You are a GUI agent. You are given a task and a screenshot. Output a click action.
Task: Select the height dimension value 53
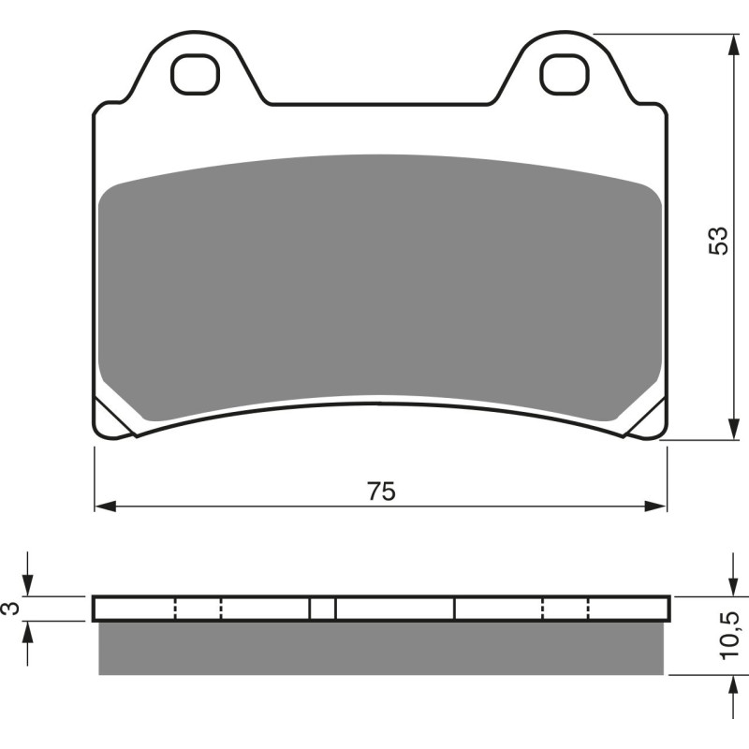point(717,242)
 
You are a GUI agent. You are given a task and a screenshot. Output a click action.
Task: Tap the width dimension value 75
point(381,490)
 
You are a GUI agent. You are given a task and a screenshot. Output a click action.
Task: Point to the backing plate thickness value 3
point(10,609)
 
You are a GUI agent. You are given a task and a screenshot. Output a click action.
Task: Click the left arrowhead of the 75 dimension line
point(104,507)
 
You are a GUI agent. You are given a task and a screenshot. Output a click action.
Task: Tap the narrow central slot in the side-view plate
point(322,609)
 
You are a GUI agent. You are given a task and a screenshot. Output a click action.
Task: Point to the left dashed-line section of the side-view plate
point(198,609)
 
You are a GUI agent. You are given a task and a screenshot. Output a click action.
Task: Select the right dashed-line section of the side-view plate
point(565,609)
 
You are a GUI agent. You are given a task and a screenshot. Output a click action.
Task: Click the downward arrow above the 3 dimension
point(29,585)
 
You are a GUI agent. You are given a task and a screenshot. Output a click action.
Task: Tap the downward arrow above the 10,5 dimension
point(730,585)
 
